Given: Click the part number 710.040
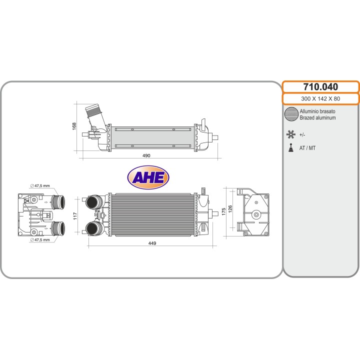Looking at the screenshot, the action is click(320, 87).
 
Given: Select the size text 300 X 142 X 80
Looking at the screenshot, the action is click(320, 98).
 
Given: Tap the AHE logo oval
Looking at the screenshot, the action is click(148, 177).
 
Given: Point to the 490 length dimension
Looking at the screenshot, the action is click(146, 155).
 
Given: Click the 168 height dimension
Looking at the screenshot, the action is click(74, 126).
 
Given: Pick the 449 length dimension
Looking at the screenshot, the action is click(152, 243).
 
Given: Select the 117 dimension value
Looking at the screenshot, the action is click(75, 216).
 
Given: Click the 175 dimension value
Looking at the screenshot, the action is click(224, 211).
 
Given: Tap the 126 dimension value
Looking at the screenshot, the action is click(230, 209).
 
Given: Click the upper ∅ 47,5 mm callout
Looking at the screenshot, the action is click(40, 185).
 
